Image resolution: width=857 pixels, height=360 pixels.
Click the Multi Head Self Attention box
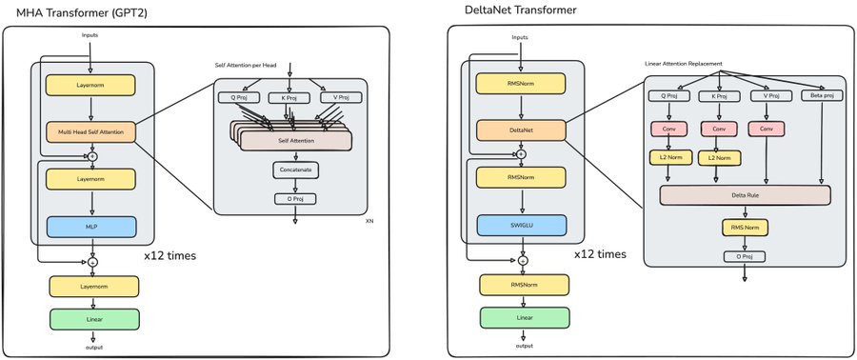90,131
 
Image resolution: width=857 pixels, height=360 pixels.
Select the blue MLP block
91,227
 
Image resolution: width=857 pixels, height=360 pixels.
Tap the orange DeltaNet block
520,130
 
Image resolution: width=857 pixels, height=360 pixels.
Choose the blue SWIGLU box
522,225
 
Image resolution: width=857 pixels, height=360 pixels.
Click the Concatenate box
295,170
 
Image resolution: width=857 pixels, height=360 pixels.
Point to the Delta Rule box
745,195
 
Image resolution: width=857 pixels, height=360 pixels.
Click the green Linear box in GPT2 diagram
94,319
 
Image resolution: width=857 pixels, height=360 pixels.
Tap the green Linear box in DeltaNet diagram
525,317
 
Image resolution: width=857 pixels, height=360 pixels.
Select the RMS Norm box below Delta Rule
745,228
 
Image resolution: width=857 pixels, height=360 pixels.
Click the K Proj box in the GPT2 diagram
289,98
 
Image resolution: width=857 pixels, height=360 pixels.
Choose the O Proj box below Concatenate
295,199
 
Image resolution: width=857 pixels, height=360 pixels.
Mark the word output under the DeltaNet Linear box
524,347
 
